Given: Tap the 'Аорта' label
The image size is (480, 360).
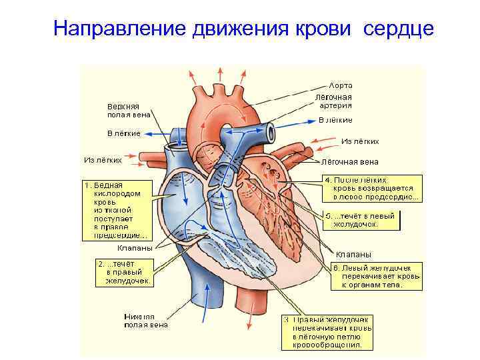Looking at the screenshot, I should tap(341, 85).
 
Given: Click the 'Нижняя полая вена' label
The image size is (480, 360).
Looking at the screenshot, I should tap(146, 321).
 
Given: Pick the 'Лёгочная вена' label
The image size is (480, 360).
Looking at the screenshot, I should tap(350, 161).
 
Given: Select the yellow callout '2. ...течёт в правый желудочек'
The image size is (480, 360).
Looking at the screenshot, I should tap(125, 273).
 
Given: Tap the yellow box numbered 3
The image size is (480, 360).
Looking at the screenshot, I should tap(327, 332).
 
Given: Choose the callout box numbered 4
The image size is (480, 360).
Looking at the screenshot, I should tap(371, 188).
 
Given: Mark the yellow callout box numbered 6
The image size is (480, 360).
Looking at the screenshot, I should tap(377, 276).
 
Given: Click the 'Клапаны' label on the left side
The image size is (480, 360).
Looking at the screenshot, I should tap(131, 248).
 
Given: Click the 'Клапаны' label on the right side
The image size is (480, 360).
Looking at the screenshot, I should tap(354, 254).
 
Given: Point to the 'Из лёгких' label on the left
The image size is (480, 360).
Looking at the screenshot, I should tap(103, 159).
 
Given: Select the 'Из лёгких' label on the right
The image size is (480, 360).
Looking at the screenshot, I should tap(360, 141).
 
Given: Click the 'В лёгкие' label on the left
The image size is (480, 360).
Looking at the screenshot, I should tap(124, 133).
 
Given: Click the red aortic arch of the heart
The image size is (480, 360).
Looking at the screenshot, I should tap(220, 100).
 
